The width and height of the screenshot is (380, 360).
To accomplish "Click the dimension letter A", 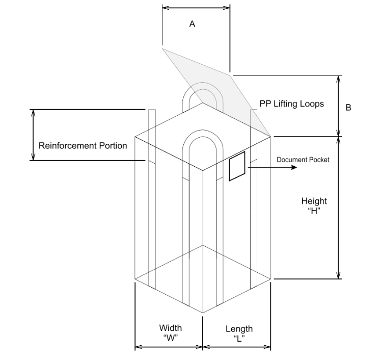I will click(192, 24).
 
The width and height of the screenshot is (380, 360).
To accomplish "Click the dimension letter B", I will click(348, 108).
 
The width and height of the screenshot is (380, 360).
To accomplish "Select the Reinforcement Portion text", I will click(83, 146).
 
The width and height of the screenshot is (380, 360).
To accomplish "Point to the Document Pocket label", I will click(303, 160).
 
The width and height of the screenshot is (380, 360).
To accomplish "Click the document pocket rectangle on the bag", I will click(237, 166).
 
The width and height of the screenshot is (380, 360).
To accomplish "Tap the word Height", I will click(314, 201).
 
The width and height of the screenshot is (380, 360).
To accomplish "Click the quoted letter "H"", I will click(314, 212).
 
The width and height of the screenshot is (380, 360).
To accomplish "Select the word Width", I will click(170, 328).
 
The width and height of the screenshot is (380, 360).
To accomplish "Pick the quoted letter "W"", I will click(170, 338).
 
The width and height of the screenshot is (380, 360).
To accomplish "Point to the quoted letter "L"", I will click(238, 339).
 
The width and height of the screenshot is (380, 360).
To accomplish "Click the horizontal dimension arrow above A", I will click(196, 7).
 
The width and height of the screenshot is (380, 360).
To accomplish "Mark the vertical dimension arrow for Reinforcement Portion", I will click(34, 135).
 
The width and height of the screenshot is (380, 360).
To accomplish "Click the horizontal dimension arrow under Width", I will click(169, 348).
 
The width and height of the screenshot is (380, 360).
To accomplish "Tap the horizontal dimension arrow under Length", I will click(237, 348).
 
